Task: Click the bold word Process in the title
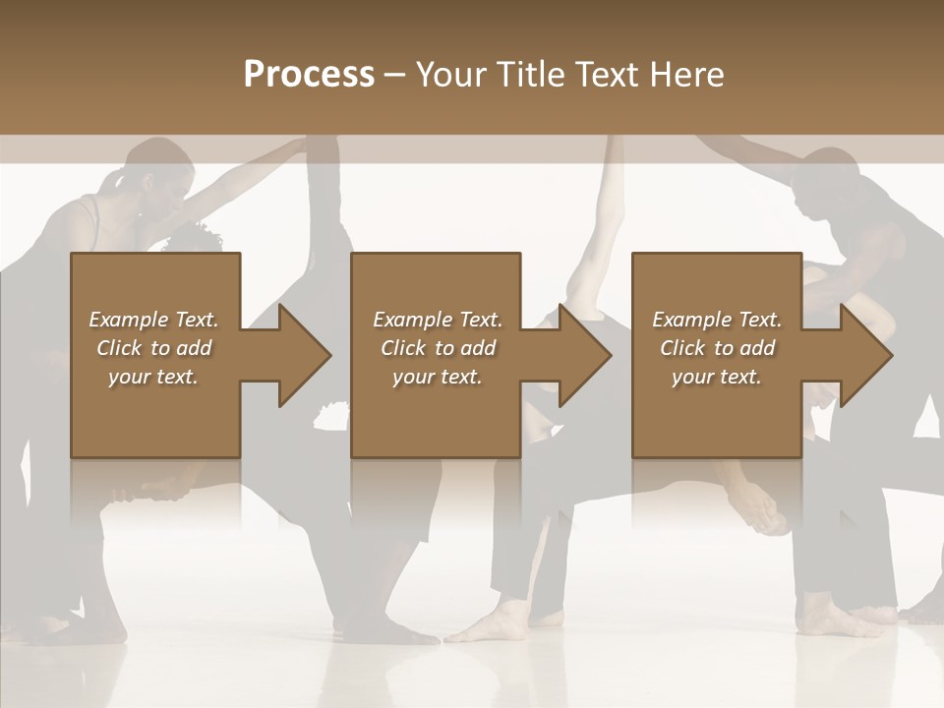click(x=309, y=75)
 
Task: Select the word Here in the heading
click(x=688, y=75)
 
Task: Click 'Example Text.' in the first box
click(x=153, y=320)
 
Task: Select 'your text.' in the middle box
click(x=437, y=377)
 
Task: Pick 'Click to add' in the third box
click(x=717, y=348)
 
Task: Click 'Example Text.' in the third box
click(x=717, y=320)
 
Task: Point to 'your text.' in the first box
click(x=153, y=377)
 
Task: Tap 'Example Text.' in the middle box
click(x=437, y=320)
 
